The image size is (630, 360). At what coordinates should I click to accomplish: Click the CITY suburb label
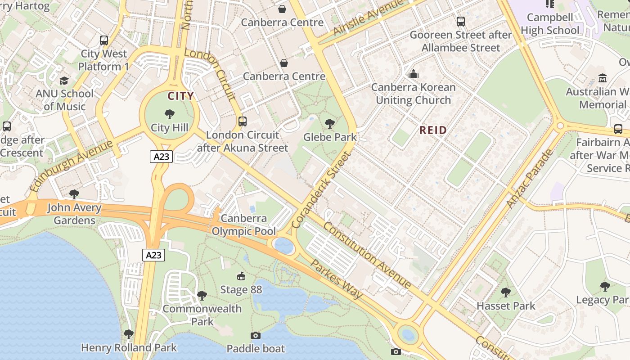tap(180, 96)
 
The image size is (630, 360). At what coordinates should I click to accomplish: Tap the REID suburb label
tap(433, 130)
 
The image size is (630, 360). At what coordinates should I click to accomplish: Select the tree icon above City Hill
tap(170, 114)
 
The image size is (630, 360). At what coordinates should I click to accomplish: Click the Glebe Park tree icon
tap(330, 123)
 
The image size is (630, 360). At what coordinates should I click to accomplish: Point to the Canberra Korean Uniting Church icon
tap(413, 74)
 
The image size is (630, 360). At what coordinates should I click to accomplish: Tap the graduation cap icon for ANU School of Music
tap(64, 81)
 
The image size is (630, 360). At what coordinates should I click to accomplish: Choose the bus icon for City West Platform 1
tap(104, 40)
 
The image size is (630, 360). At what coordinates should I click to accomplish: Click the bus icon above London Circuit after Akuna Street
tap(243, 121)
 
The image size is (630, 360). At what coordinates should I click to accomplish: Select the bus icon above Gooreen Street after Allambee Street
tap(460, 21)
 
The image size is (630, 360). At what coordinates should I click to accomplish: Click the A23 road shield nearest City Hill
tap(161, 157)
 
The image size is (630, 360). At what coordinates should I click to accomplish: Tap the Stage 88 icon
tap(241, 276)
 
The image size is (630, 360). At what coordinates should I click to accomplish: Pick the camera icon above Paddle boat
tap(255, 335)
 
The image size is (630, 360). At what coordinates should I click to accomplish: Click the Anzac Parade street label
tap(529, 179)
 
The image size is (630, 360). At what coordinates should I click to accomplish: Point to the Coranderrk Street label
tap(320, 190)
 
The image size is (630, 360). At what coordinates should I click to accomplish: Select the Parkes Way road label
tap(336, 279)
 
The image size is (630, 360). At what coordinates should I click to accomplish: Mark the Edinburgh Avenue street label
tap(71, 166)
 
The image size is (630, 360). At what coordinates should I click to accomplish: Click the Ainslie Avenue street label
tap(368, 18)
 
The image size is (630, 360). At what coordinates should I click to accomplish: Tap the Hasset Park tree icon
tap(505, 292)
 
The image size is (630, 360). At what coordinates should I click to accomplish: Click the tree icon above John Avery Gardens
tap(74, 194)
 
